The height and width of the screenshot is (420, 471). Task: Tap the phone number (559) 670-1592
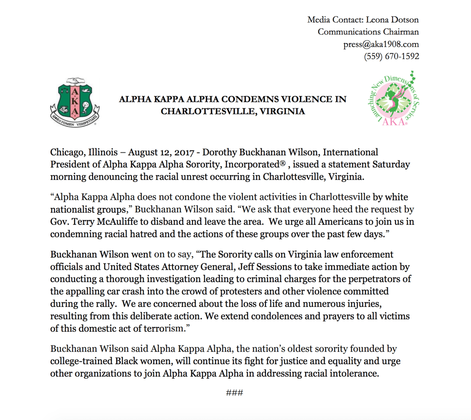point(391,57)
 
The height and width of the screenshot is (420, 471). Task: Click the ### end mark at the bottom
point(235,393)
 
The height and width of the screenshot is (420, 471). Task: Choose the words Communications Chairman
point(368,32)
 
